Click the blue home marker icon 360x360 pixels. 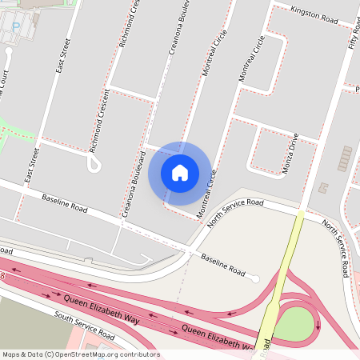click(180, 172)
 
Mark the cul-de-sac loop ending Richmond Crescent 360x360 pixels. click(94, 165)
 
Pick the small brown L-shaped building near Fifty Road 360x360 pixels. click(323, 187)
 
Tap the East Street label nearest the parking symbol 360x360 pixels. click(62, 56)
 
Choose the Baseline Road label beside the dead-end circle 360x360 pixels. click(222, 265)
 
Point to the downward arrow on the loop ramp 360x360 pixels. click(318, 326)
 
